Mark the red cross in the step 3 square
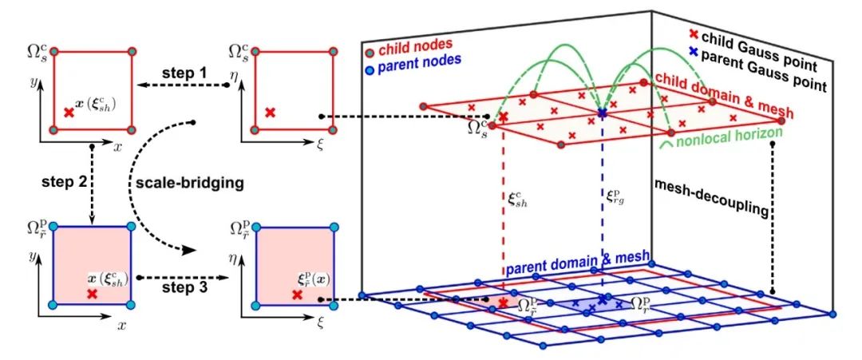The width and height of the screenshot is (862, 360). click(297, 295)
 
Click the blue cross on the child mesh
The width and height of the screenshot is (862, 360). click(601, 115)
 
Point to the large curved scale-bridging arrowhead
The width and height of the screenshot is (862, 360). click(191, 249)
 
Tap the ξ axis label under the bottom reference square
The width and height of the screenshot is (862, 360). click(318, 325)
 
